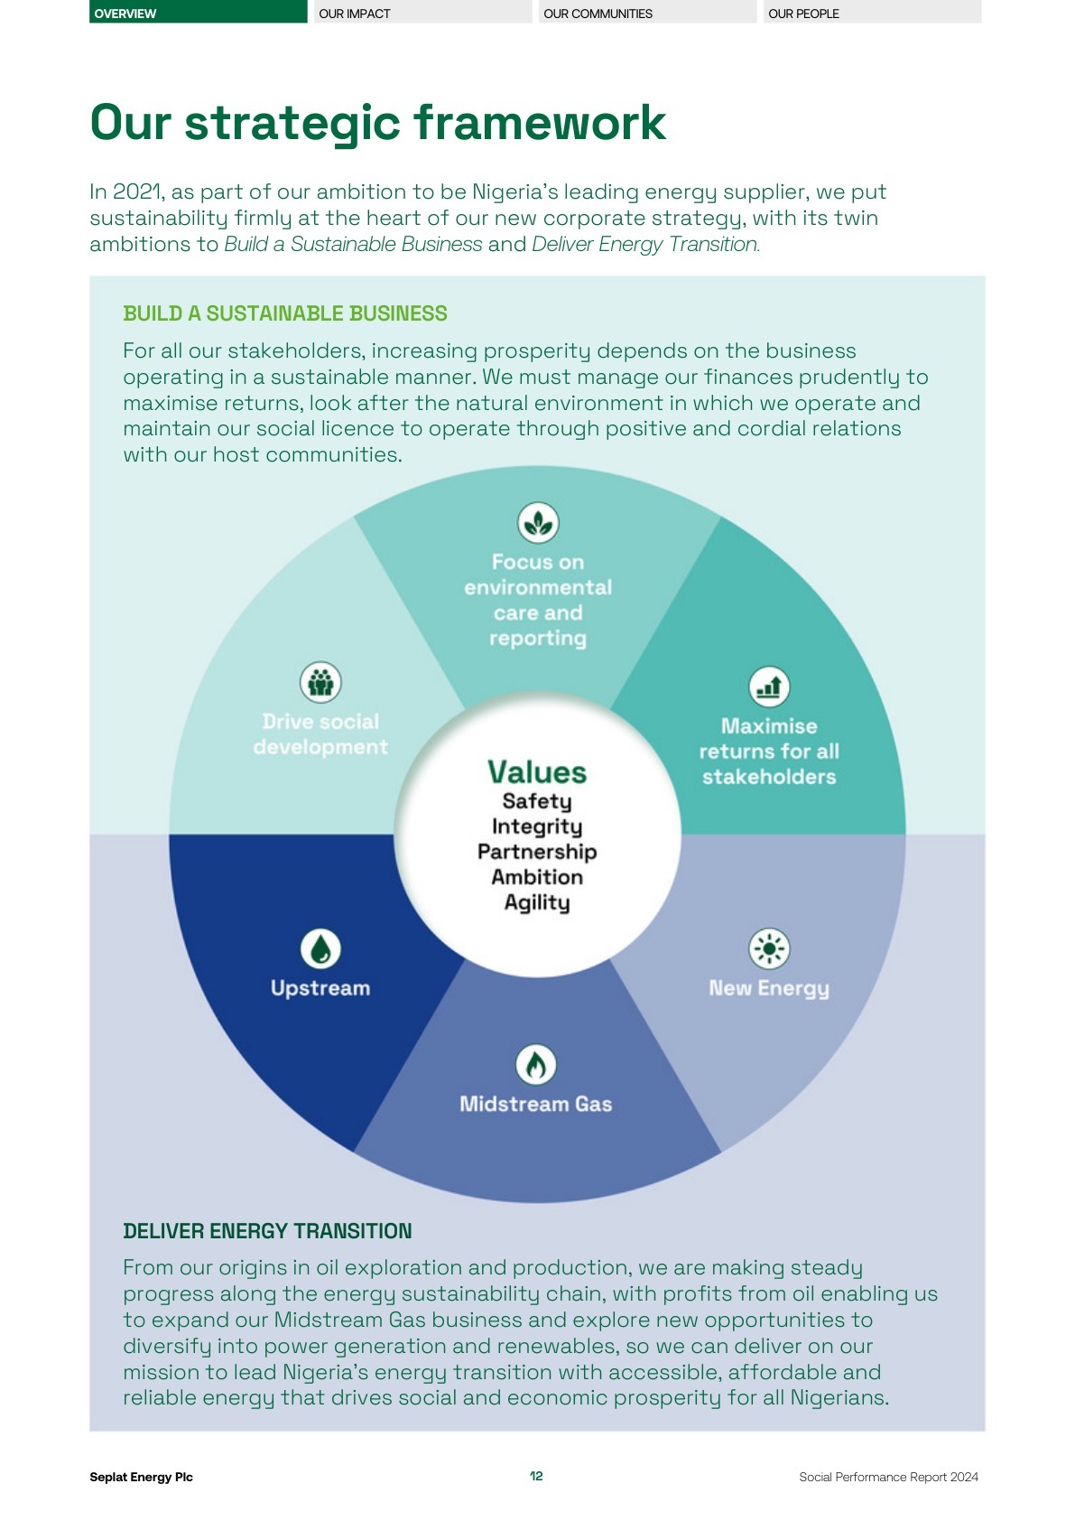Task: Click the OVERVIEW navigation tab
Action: tap(198, 13)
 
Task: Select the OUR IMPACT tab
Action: tap(422, 13)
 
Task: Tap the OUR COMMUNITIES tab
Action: tap(646, 13)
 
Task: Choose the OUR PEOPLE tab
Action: tap(871, 13)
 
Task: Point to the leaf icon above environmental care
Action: tap(538, 523)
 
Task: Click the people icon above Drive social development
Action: tap(320, 682)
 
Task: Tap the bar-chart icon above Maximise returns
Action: tap(769, 687)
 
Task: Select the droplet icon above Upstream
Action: tap(320, 949)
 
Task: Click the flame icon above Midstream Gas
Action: tap(536, 1065)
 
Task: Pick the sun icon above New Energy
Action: tap(769, 949)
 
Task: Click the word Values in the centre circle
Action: tap(537, 772)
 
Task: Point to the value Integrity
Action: tap(537, 826)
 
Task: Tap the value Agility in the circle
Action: tap(537, 902)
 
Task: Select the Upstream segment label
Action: tap(320, 988)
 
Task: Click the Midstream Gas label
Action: tap(536, 1104)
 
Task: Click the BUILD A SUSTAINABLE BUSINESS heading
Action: tap(285, 313)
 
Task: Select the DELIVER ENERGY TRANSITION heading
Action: tap(267, 1231)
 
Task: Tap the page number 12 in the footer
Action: tap(536, 1476)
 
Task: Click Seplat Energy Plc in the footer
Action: tap(141, 1477)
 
